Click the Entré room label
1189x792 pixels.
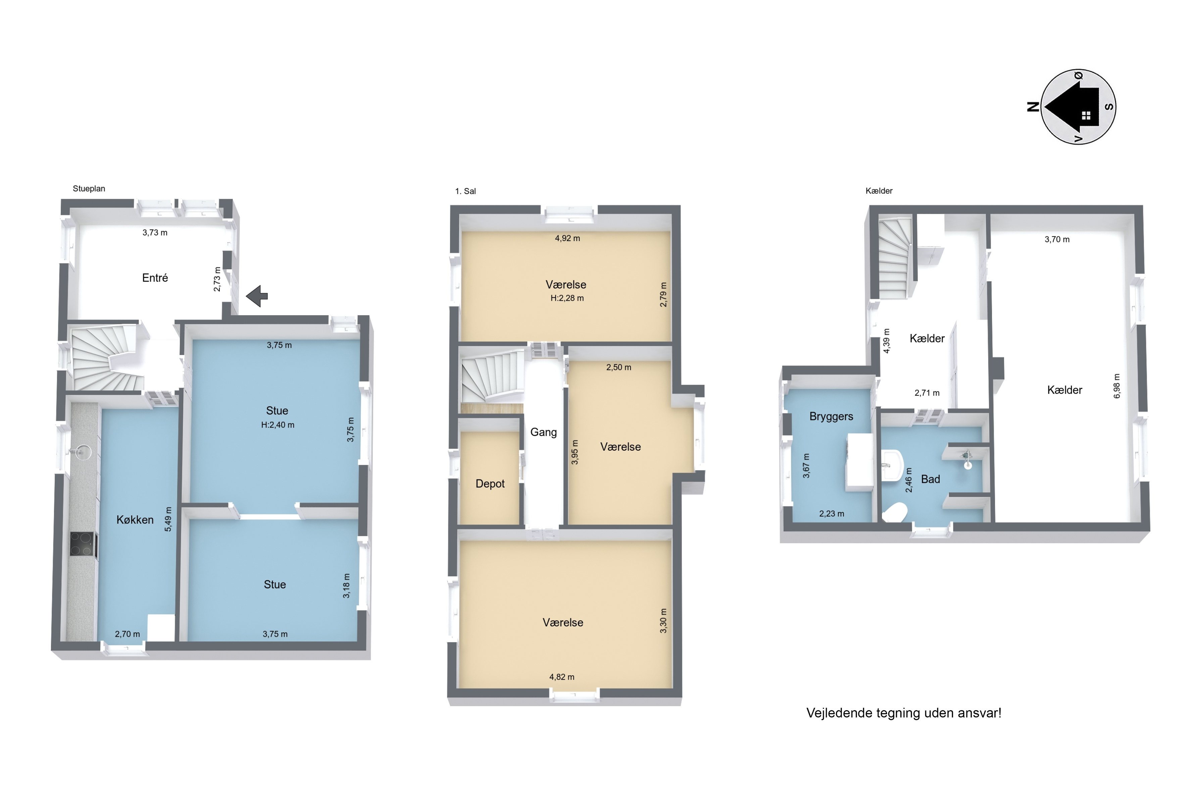(155, 278)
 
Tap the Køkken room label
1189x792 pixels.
(135, 520)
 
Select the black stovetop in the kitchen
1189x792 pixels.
(84, 545)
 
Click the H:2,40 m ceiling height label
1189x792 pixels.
(278, 425)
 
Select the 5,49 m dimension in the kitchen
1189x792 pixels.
(168, 519)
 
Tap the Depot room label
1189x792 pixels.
(490, 484)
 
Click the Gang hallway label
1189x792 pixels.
(543, 432)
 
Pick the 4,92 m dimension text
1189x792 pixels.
(567, 238)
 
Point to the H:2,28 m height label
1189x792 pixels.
(567, 298)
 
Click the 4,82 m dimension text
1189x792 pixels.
(562, 677)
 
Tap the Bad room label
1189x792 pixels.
(930, 479)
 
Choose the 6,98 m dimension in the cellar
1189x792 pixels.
(1117, 386)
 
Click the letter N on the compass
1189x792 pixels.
(1033, 107)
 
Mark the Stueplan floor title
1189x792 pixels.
(89, 188)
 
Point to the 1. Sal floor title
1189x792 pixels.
(465, 191)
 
